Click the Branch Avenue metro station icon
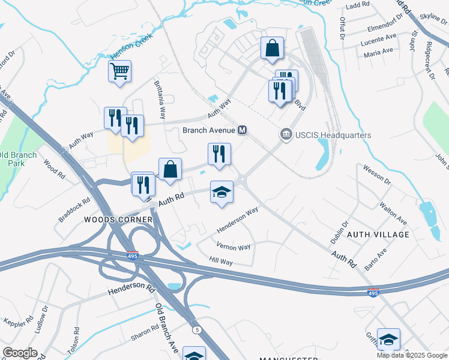[243, 130]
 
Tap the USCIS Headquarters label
[333, 135]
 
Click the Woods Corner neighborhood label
[118, 220]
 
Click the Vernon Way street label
[234, 247]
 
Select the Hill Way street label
[221, 262]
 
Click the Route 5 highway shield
[196, 330]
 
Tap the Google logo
[20, 353]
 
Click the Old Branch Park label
[18, 159]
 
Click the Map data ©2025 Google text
[411, 355]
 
